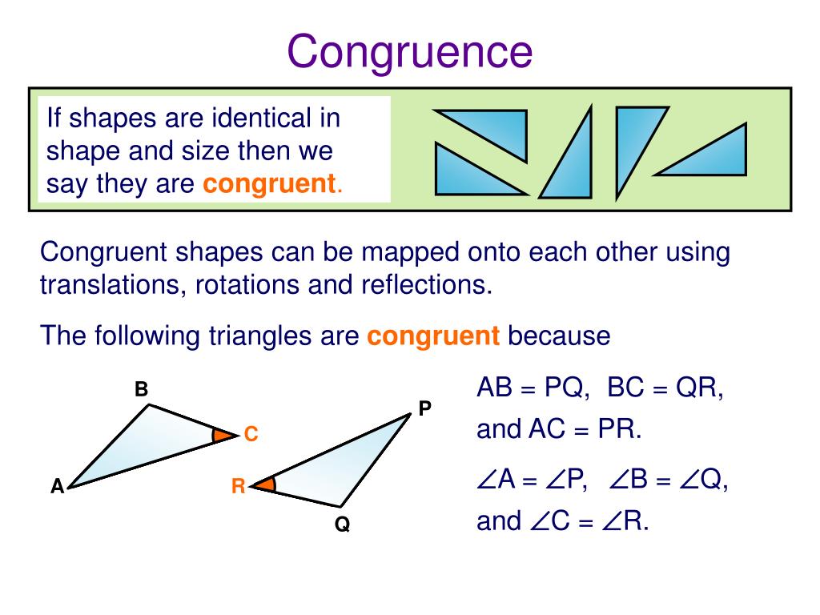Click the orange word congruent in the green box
268,184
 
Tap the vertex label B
142,390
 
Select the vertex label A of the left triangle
57,486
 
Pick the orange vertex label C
251,435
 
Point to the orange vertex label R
238,486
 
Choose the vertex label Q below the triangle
343,526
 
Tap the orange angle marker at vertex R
268,484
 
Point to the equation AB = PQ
533,389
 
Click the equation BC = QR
665,389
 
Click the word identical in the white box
259,119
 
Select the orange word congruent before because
433,336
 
